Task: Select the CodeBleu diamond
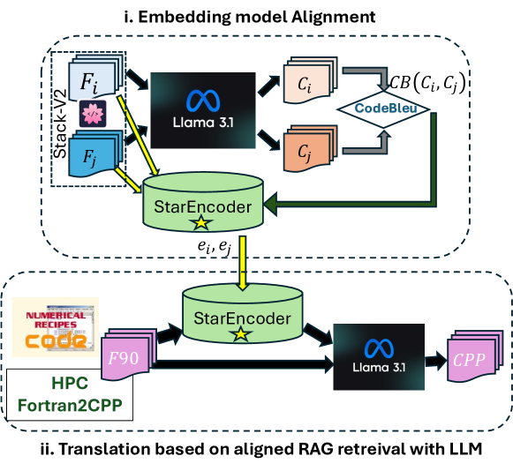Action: point(387,111)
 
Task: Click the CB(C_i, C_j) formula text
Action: point(429,83)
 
